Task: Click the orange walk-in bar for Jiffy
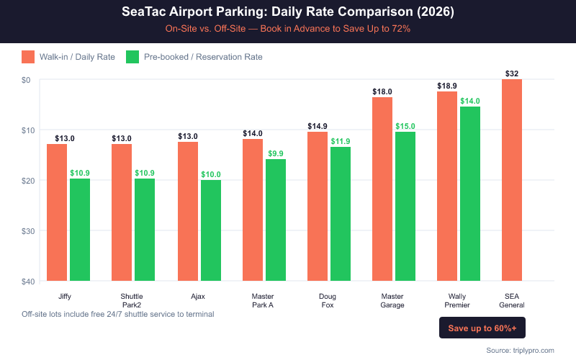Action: tap(57, 212)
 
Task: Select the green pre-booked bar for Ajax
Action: tap(211, 230)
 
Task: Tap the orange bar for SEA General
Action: tap(512, 180)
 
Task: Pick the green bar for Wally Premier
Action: tap(470, 194)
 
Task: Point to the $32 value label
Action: tap(512, 73)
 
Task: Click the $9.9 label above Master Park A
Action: tap(276, 153)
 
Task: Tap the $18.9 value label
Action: tap(447, 86)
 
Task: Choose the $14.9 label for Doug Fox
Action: tap(318, 126)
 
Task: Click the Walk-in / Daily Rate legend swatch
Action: tap(29, 57)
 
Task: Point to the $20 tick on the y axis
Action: tap(30, 180)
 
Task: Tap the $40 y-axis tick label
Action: tap(30, 281)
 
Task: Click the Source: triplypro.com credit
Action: tap(520, 350)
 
